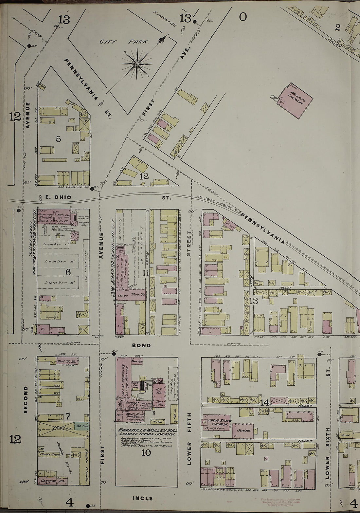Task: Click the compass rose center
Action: coord(136,64)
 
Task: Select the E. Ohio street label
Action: coord(58,197)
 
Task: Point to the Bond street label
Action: coord(141,345)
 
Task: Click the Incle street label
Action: coord(143,498)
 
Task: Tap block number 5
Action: coord(58,139)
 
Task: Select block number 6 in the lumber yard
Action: coord(68,272)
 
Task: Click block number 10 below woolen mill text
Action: coord(146,453)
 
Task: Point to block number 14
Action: coord(264,402)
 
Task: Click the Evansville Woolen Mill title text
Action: coord(148,430)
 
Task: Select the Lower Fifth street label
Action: coord(189,434)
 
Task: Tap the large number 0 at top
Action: coord(243,16)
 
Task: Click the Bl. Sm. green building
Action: coord(79,426)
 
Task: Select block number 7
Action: coord(68,416)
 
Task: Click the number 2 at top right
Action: coord(338,27)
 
